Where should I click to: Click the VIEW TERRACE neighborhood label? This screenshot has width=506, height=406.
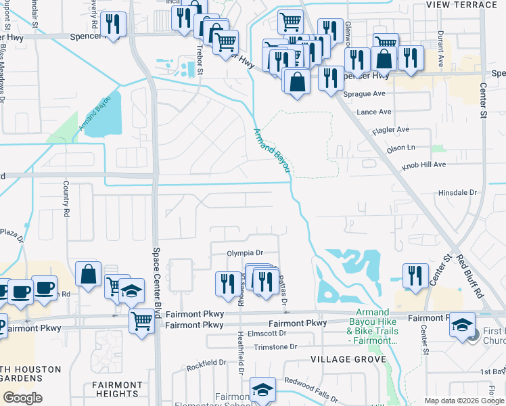461,5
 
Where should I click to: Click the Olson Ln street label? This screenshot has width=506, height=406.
400,147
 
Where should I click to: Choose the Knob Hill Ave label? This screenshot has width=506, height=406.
421,164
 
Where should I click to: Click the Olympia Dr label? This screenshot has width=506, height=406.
244,252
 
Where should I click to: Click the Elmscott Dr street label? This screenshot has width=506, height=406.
268,334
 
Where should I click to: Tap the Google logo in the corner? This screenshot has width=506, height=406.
22,398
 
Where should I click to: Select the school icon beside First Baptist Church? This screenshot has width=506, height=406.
463,325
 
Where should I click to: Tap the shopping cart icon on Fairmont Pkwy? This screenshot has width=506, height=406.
141,321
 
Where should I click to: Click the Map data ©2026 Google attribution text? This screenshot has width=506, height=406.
463,401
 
